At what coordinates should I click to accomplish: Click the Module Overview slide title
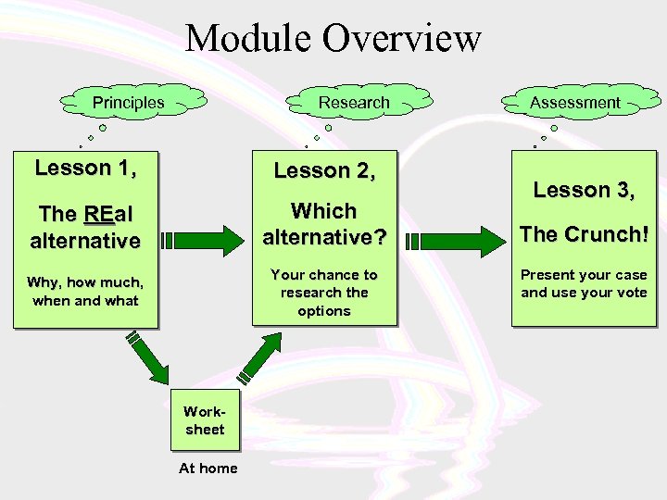click(333, 39)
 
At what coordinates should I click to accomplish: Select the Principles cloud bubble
click(128, 103)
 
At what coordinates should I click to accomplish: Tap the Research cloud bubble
click(354, 102)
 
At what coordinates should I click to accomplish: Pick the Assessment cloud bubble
click(574, 102)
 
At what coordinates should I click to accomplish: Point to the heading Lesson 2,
click(324, 170)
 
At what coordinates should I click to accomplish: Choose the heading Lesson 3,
click(584, 190)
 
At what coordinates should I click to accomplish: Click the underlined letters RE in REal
click(99, 215)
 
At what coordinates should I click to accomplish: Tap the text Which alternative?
click(323, 224)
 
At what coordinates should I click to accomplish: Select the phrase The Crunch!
click(584, 234)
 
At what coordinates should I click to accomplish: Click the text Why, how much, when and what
click(85, 291)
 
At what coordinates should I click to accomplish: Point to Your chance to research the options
click(323, 293)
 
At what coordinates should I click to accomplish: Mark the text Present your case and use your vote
click(584, 284)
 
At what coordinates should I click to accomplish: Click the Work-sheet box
click(204, 419)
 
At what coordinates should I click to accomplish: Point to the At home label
click(208, 469)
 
